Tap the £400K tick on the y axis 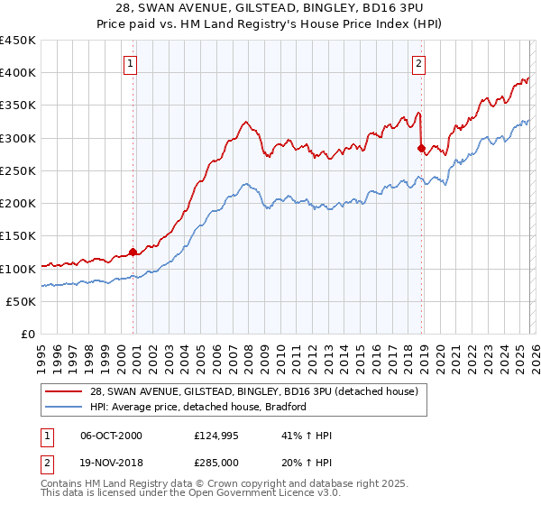19,73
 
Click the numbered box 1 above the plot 132,63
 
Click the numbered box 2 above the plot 420,63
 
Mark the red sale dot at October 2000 133,252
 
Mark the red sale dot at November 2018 421,147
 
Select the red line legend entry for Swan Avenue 253,391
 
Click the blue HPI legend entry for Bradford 198,407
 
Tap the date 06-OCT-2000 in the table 111,436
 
